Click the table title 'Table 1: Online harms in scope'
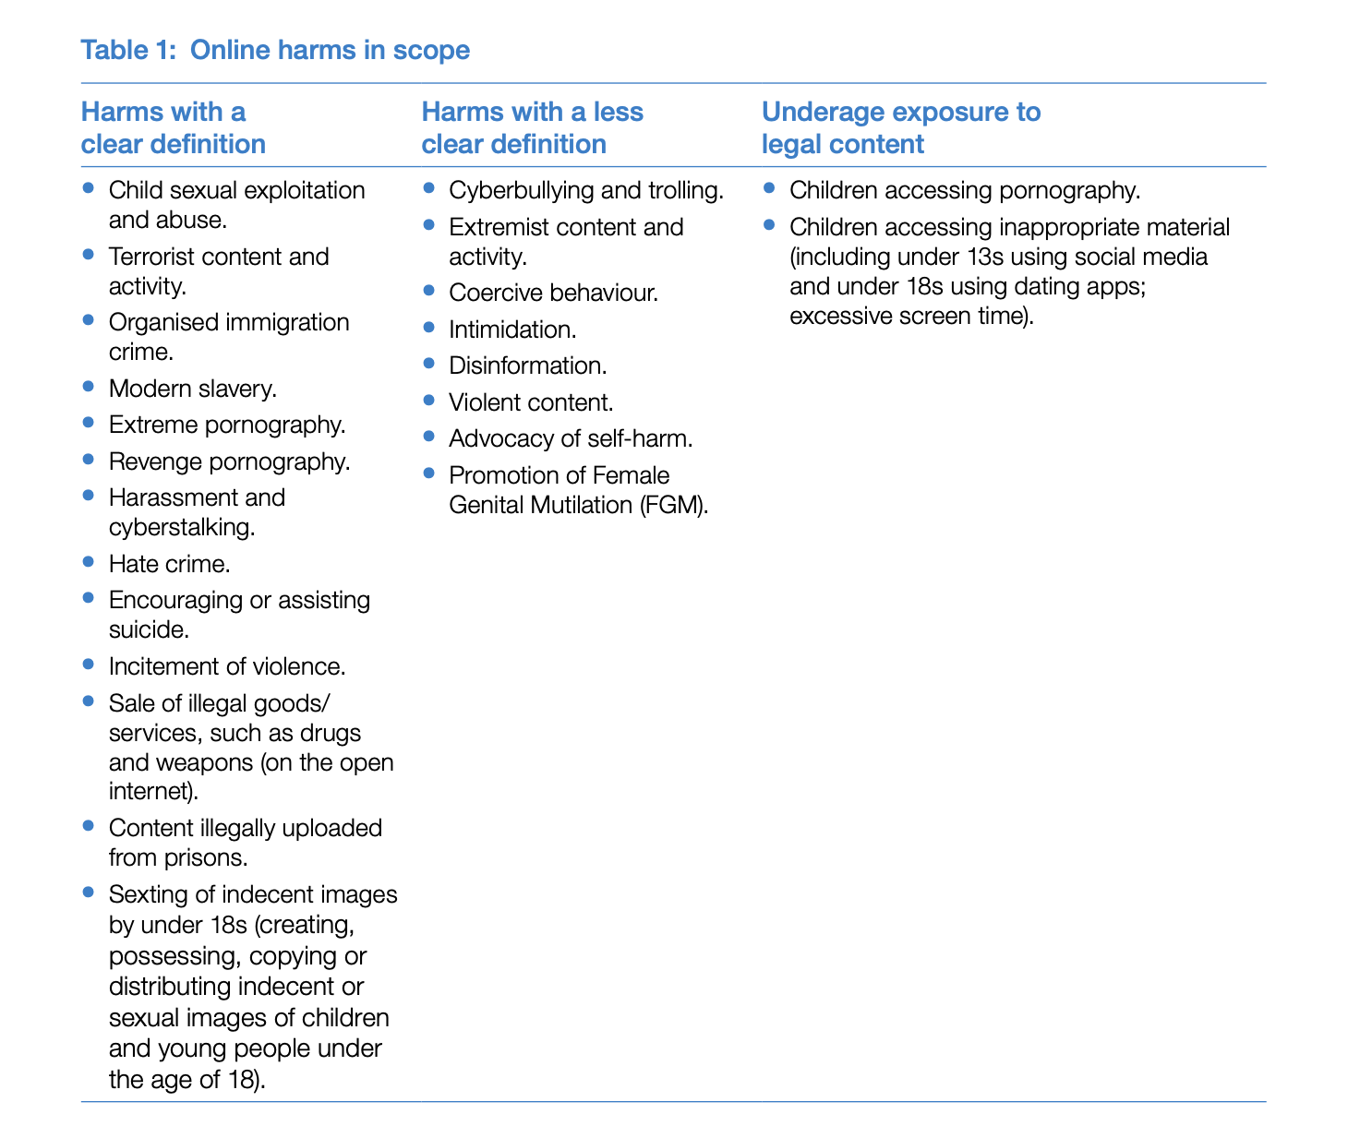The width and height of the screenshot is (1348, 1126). pyautogui.click(x=275, y=50)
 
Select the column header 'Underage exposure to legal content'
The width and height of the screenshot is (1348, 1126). pyautogui.click(x=900, y=128)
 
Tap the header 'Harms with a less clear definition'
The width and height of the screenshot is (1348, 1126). pyautogui.click(x=532, y=128)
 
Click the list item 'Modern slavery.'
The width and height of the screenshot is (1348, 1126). pyautogui.click(x=192, y=389)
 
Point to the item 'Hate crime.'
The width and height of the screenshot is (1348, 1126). pyautogui.click(x=169, y=564)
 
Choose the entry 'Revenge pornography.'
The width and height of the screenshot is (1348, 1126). pyautogui.click(x=229, y=461)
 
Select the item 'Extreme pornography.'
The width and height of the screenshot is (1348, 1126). pyautogui.click(x=226, y=425)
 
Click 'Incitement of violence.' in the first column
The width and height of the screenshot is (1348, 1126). pyautogui.click(x=226, y=666)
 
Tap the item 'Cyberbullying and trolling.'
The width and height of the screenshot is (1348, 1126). pyautogui.click(x=585, y=191)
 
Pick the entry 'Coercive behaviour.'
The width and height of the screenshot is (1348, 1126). pyautogui.click(x=553, y=293)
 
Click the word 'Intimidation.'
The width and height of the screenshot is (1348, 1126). pyautogui.click(x=512, y=329)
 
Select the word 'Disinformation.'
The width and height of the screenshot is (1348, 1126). pyautogui.click(x=527, y=365)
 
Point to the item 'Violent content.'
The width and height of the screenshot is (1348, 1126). pyautogui.click(x=531, y=402)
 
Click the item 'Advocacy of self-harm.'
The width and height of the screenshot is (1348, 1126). pyautogui.click(x=571, y=438)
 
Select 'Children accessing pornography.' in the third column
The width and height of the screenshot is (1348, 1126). pyautogui.click(x=965, y=191)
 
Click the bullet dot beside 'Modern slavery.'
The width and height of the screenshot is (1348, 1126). pyautogui.click(x=89, y=386)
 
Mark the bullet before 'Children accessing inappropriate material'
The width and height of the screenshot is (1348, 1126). pyautogui.click(x=769, y=224)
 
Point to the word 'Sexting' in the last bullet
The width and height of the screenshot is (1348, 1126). pyautogui.click(x=145, y=894)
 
